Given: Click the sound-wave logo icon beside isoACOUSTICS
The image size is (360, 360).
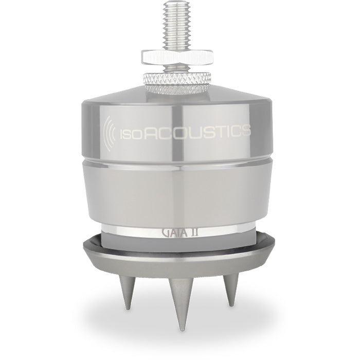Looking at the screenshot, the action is coord(110,133).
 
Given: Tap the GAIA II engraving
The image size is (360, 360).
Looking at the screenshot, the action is coord(180,233).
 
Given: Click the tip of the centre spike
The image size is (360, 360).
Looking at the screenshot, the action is coord(182,330).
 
